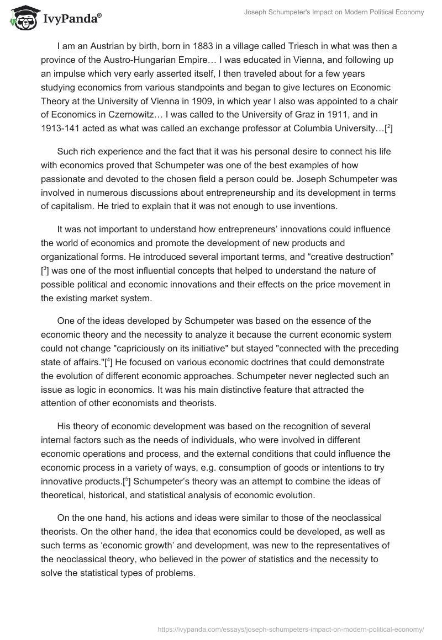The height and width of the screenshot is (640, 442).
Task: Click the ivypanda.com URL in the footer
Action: click(x=291, y=628)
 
